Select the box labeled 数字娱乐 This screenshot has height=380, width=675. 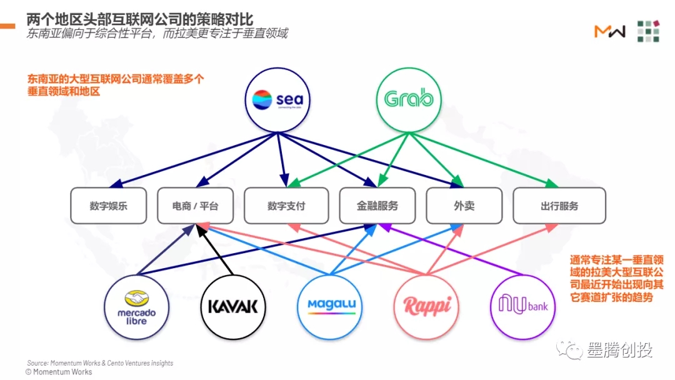108,206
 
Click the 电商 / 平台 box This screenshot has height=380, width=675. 195,206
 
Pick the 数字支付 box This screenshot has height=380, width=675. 286,206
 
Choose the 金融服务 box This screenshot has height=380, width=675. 377,206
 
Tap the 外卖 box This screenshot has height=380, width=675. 464,206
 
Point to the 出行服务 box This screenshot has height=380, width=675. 559,206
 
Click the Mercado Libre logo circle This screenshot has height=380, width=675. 136,307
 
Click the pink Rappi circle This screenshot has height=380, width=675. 427,307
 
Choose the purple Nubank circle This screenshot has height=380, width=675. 523,306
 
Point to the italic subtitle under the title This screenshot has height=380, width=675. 157,33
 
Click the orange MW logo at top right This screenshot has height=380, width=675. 609,31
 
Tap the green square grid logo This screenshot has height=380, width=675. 648,31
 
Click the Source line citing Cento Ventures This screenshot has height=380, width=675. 100,362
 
